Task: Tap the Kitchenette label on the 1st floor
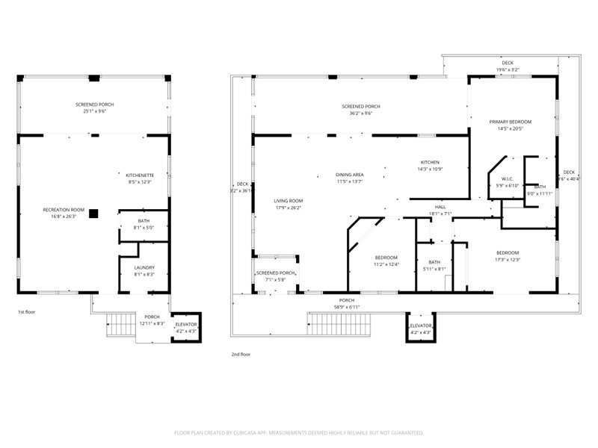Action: coord(140,178)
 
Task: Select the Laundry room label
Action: coord(144,270)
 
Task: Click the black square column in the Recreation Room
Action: coord(93,214)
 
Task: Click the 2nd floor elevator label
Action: coord(421,329)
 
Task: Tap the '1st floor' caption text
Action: coord(25,311)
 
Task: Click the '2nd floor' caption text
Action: coord(241,355)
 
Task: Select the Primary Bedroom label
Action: coord(510,125)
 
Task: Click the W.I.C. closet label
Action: coord(508,181)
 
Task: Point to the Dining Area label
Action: coord(349,178)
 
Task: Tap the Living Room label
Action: coord(288,204)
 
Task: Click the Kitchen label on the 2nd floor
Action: coord(429,165)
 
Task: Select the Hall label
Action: coord(441,210)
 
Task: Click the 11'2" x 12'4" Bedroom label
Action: coord(386,260)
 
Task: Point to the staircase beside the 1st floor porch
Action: coord(120,326)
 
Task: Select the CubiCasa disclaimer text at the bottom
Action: coord(299,432)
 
